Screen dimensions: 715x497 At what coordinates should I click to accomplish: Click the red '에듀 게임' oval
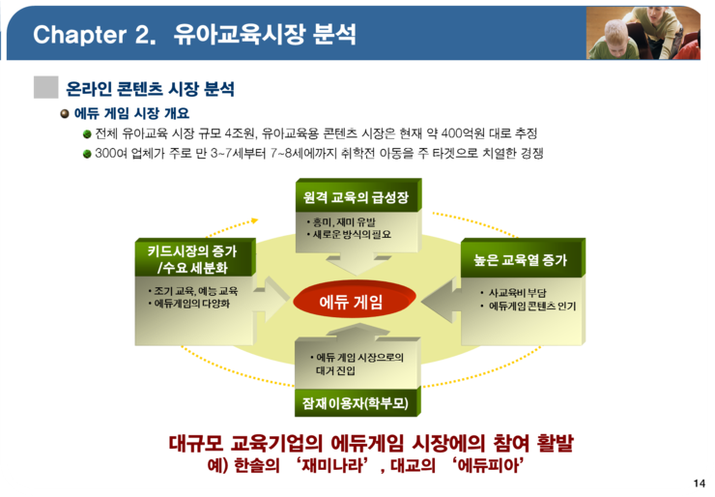354,301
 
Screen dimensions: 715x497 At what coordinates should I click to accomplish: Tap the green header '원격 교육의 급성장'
357,196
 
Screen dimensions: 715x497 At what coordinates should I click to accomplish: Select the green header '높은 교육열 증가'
521,259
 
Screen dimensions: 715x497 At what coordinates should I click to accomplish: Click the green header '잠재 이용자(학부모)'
357,403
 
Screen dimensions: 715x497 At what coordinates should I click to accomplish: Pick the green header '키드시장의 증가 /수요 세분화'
193,259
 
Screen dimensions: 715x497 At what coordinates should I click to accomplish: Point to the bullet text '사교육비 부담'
517,293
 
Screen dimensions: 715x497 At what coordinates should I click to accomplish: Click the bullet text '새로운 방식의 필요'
352,235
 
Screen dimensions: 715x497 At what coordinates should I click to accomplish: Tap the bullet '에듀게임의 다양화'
192,304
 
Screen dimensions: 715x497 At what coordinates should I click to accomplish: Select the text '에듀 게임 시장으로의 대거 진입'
359,364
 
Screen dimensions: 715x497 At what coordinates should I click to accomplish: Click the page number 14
699,483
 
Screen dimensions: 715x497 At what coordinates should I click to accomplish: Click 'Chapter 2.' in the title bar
95,35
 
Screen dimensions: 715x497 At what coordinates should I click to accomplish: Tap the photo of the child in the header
643,33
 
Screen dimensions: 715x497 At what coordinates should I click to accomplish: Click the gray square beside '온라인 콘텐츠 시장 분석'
46,87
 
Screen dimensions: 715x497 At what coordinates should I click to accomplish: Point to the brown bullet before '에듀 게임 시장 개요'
65,113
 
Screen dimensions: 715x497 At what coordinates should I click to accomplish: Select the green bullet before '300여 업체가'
87,154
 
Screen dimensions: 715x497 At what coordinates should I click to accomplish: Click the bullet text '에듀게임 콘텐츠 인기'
532,306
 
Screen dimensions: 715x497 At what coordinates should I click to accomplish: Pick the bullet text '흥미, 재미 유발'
344,222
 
